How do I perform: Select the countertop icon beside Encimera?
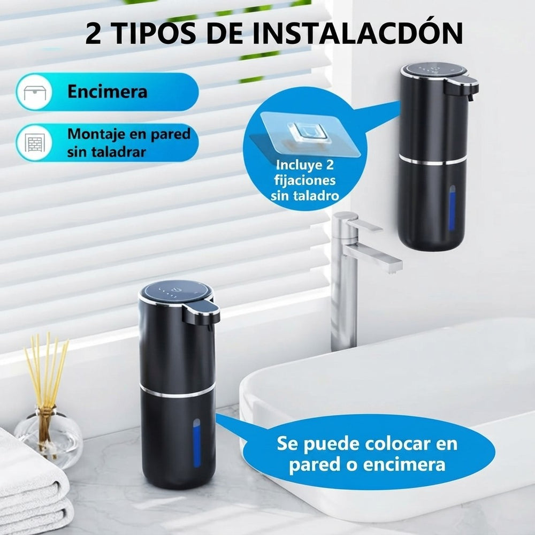[35, 92]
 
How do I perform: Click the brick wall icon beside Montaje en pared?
[35, 142]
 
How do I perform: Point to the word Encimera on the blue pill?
[108, 91]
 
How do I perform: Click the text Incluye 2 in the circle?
[305, 165]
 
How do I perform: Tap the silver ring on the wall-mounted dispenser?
[432, 160]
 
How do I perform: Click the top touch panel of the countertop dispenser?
[175, 291]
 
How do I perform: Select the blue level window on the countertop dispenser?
[197, 442]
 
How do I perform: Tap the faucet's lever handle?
[364, 224]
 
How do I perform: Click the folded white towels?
[34, 488]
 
